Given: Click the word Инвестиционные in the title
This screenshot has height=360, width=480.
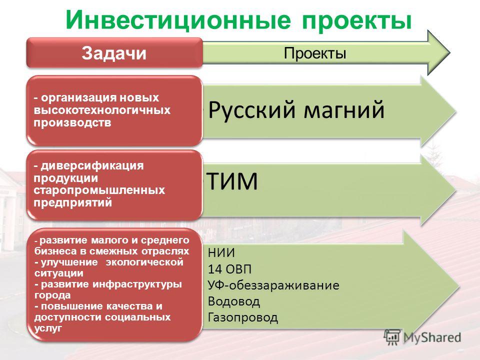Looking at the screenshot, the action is click(x=177, y=20).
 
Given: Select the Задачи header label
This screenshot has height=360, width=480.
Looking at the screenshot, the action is click(x=114, y=53).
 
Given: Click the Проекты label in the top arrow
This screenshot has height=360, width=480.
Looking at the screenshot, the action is click(x=315, y=53).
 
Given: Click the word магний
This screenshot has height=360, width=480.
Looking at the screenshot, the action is click(x=344, y=109).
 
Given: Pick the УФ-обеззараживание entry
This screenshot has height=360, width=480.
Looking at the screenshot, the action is click(x=273, y=285).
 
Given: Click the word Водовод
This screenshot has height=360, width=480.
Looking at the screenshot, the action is click(x=234, y=301).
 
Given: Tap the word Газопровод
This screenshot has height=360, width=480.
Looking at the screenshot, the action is click(x=243, y=317).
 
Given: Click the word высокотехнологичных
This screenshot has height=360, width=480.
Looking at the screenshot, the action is click(x=102, y=110).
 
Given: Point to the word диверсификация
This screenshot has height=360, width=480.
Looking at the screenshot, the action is click(x=92, y=166).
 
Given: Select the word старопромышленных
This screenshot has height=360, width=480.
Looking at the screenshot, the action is click(x=99, y=190).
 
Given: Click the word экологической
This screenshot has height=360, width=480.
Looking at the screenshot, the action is click(x=144, y=262).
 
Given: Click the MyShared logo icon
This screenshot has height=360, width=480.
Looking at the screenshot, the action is click(x=392, y=337).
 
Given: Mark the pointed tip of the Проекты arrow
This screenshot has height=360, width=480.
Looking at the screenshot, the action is click(x=449, y=52).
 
